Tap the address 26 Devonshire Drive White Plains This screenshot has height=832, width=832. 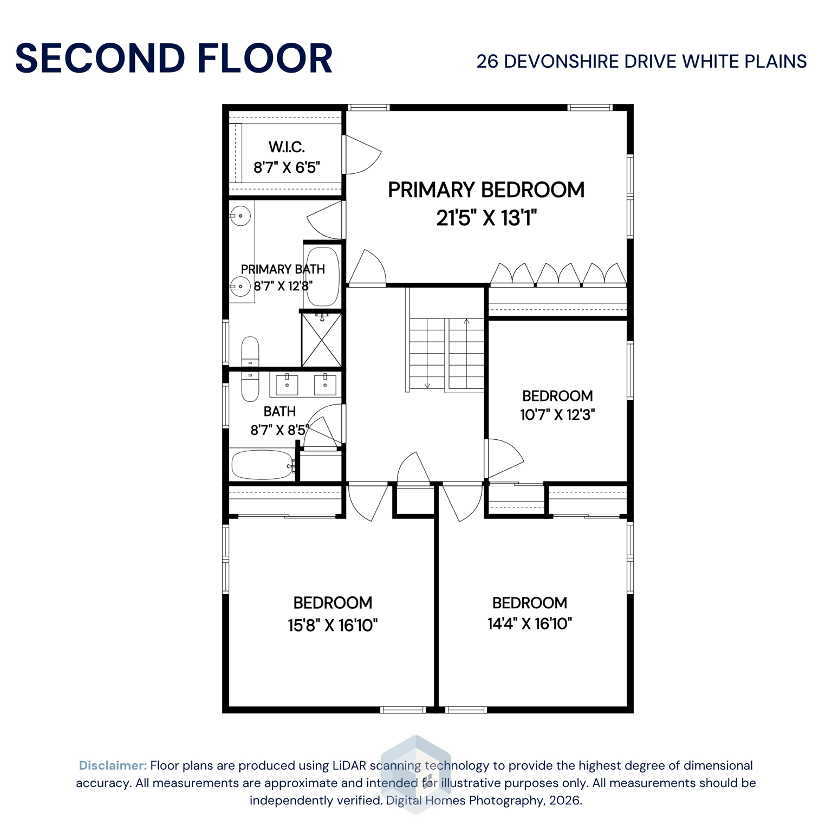[x=641, y=62]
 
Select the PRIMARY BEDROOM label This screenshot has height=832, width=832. [x=486, y=190]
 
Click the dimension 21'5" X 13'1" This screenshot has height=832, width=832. [x=486, y=218]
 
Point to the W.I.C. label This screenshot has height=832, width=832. [x=287, y=147]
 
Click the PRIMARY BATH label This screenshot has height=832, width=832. [x=283, y=269]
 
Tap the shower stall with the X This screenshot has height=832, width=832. [x=322, y=340]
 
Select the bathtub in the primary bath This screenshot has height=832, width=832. [x=322, y=276]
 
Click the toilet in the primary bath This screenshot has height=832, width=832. [x=250, y=351]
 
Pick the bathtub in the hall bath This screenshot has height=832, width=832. [x=262, y=465]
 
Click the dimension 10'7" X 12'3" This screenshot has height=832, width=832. [x=557, y=415]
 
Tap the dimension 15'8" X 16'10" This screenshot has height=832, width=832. [x=332, y=626]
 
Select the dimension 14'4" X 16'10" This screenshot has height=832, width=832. [x=529, y=624]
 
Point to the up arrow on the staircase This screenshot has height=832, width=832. [x=466, y=322]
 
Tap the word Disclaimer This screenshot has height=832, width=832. [x=113, y=765]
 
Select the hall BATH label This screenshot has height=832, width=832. [x=279, y=412]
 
